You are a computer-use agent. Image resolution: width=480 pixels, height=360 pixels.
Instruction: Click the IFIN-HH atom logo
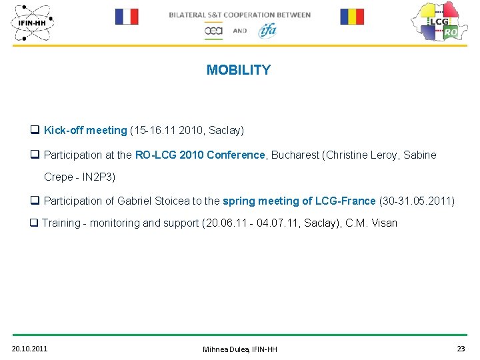pos(32,22)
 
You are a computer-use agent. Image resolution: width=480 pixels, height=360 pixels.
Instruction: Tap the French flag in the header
pos(127,17)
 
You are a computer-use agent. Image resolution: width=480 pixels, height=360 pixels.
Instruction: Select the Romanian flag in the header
pos(352,17)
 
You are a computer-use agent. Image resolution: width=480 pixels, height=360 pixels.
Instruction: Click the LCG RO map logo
pos(437,21)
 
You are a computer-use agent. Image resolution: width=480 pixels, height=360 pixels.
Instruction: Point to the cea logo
pos(213,31)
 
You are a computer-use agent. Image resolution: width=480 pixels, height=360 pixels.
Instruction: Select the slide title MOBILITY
pos(239,70)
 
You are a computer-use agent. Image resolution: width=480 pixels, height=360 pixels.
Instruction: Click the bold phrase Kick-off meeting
pos(85,130)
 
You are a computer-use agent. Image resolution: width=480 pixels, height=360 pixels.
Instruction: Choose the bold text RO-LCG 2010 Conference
pos(200,155)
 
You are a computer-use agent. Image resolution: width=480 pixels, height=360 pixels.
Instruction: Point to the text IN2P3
pos(97,177)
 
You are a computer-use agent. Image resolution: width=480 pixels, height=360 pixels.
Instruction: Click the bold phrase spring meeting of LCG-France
pos(299,201)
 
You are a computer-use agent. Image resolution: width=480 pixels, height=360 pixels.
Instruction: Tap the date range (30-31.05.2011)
pos(417,201)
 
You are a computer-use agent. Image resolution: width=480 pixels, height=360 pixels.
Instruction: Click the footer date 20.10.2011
pos(29,349)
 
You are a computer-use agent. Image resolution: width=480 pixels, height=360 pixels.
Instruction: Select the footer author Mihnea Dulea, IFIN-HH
pos(240,349)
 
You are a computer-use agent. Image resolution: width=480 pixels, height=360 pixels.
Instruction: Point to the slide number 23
pos(461,349)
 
